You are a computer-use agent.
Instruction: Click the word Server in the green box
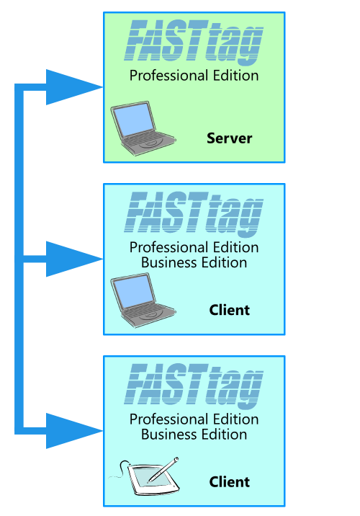pos(229,138)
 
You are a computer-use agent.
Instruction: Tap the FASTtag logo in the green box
pos(194,42)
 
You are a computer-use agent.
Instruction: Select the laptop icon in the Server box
pos(143,128)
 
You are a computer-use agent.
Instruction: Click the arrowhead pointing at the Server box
pos(74,87)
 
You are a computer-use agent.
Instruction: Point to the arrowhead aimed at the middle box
pos(74,259)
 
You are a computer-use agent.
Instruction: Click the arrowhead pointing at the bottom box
pos(74,431)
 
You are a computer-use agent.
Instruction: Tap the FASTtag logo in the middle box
pos(194,213)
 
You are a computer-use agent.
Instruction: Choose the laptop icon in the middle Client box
pos(143,300)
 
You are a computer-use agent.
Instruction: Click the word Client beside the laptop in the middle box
pos(230,310)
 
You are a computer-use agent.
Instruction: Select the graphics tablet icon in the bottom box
pos(145,476)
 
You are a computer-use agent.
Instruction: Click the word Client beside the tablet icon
pos(230,482)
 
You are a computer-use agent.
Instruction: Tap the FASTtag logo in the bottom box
pos(194,385)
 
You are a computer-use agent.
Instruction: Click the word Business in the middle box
pos(169,262)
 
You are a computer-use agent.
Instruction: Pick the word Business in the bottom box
pos(169,435)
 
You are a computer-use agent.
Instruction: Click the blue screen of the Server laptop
pos(133,120)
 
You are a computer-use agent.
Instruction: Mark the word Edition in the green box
pos(235,76)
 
